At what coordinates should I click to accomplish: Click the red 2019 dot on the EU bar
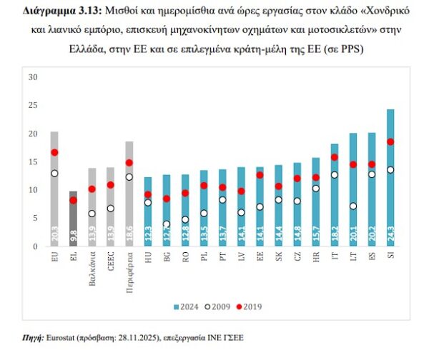(x=54, y=152)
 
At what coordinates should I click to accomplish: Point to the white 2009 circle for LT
(x=352, y=206)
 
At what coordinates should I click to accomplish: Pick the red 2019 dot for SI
(x=390, y=141)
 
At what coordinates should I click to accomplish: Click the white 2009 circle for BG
(x=166, y=224)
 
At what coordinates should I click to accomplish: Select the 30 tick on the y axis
(x=32, y=76)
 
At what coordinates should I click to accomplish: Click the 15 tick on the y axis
(x=32, y=161)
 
